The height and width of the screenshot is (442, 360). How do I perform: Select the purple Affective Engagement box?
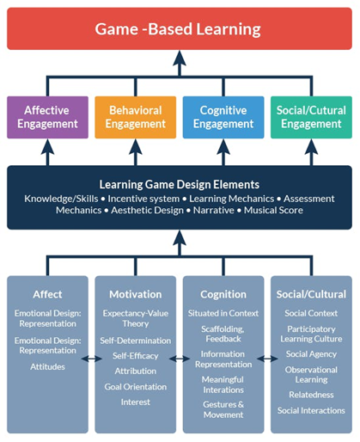[x=47, y=117]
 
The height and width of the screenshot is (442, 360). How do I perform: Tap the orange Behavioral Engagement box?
[x=135, y=117]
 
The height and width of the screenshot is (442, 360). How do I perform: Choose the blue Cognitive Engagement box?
[x=223, y=117]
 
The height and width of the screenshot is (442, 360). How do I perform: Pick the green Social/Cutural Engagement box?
[x=311, y=117]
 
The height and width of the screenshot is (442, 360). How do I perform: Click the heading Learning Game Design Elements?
[x=179, y=184]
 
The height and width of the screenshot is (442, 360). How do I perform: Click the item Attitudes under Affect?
[x=47, y=367]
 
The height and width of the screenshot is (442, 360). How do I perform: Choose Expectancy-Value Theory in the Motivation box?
[x=135, y=319]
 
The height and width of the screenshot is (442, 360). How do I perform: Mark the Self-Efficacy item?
[x=135, y=356]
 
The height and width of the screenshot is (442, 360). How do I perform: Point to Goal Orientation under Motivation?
[x=135, y=386]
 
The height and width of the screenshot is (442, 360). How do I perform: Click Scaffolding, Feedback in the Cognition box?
[x=223, y=334]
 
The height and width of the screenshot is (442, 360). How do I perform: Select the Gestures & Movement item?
[x=223, y=409]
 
